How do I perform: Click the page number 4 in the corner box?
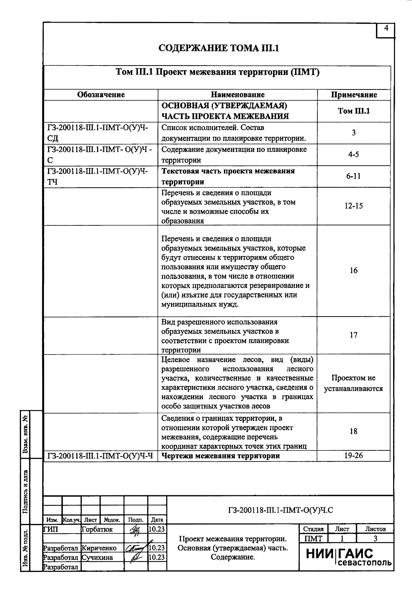pos(386,29)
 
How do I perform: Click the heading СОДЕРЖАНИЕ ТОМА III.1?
pos(219,48)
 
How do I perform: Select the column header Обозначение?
pos(101,95)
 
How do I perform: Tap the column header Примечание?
pos(354,95)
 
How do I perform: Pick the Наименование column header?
pos(238,95)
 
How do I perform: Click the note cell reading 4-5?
pos(353,154)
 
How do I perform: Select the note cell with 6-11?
pos(353,176)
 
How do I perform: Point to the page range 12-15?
pos(353,206)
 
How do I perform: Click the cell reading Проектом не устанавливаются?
pos(353,383)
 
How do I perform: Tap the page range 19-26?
pos(353,456)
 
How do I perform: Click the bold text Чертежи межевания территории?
pos(220,456)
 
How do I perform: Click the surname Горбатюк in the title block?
pos(97,529)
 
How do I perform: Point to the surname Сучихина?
pos(98,557)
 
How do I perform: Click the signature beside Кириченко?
pos(136,548)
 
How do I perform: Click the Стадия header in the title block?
pos(313,529)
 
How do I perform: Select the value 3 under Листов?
pos(375,539)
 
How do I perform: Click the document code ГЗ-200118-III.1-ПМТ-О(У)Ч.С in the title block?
pos(280,510)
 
